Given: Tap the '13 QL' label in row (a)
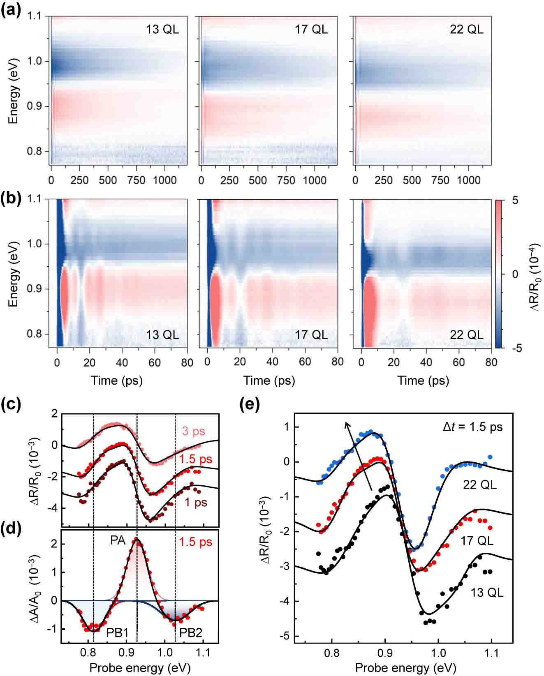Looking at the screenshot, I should pyautogui.click(x=162, y=30).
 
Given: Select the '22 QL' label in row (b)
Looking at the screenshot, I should pyautogui.click(x=467, y=335).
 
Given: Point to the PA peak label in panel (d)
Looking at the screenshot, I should pyautogui.click(x=118, y=540).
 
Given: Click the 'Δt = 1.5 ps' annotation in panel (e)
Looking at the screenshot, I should pyautogui.click(x=472, y=427).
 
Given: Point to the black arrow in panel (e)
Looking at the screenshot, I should pyautogui.click(x=359, y=456).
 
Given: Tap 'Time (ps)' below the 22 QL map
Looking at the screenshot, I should pyautogui.click(x=423, y=380).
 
